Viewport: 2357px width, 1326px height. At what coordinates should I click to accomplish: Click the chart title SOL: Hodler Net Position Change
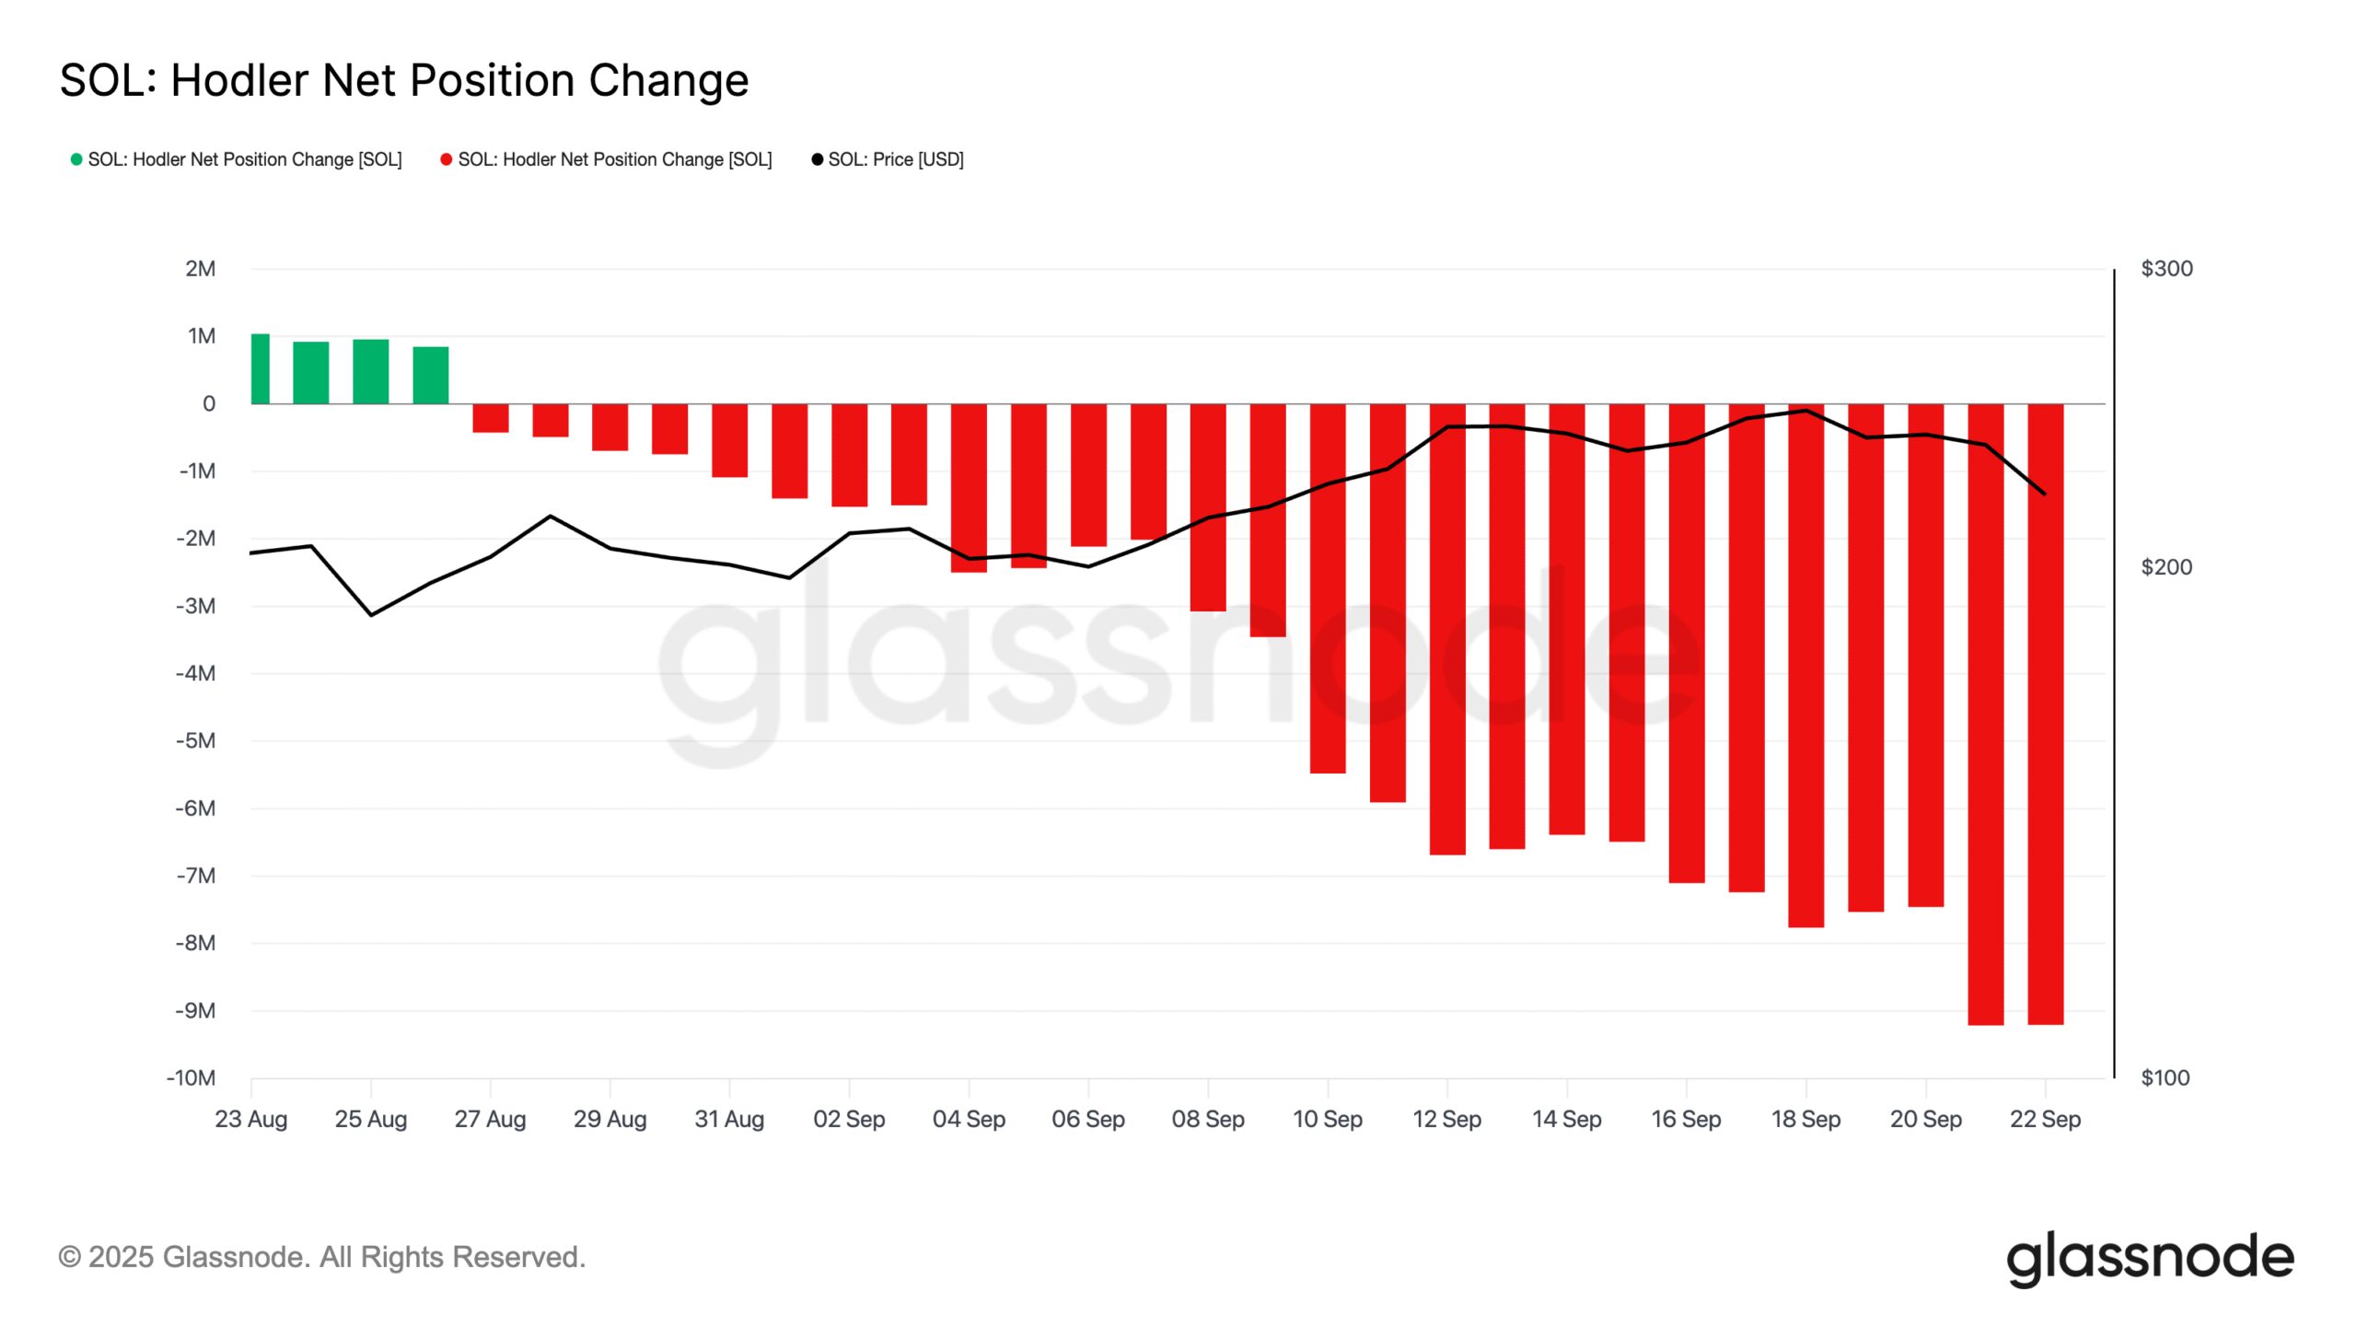pos(404,80)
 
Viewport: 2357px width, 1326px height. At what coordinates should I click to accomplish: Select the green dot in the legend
pos(77,159)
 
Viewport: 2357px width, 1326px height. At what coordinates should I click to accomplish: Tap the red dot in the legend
pos(447,159)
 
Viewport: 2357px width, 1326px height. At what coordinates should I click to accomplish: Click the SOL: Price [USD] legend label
pos(895,159)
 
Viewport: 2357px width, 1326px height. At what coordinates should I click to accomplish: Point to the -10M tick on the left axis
pos(191,1077)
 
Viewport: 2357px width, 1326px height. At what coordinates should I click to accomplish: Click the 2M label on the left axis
pos(200,269)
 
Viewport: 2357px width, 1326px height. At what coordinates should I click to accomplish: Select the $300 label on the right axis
pos(2166,269)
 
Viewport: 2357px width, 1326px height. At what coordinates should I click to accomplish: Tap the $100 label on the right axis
pos(2165,1077)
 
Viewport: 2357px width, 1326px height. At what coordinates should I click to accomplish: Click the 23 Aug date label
pos(250,1119)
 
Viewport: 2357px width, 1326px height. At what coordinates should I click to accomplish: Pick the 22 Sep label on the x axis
pos(2045,1119)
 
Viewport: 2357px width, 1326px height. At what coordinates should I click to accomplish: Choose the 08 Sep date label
pos(1208,1119)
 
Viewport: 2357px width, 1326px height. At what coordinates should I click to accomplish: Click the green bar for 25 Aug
pos(371,372)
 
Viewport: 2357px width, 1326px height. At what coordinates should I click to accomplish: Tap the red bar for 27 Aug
pos(491,418)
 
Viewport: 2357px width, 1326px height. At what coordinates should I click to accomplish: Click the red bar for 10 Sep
pos(1328,589)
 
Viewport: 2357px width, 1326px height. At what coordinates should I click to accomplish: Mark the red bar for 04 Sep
pos(969,488)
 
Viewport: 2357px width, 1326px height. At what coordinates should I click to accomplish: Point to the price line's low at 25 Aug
pos(371,614)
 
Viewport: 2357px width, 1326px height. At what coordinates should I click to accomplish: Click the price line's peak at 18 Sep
pos(1806,411)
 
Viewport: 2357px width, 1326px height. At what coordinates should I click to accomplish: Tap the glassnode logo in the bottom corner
pos(2150,1258)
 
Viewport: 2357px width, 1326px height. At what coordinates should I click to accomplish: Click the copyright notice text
pos(322,1257)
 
